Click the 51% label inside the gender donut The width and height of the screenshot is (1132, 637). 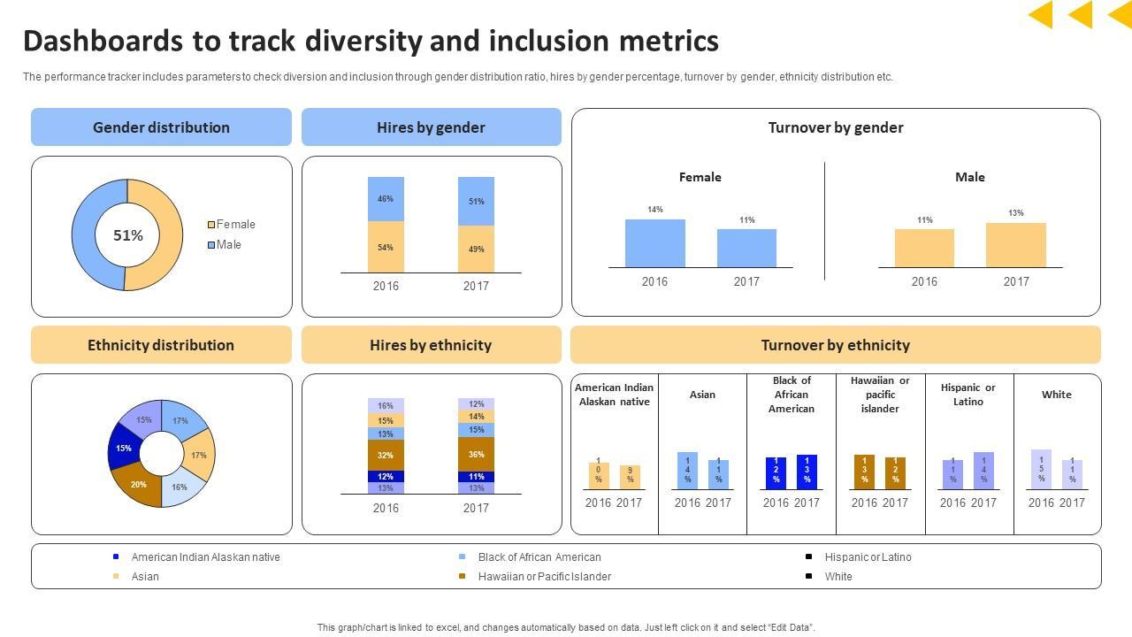pyautogui.click(x=128, y=235)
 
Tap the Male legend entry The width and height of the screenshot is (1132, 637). pyautogui.click(x=227, y=245)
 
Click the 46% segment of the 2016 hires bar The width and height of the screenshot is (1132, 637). pyautogui.click(x=386, y=199)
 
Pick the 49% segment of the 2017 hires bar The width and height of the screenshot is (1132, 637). pyautogui.click(x=476, y=249)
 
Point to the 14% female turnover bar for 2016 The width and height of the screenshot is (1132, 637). pyautogui.click(x=654, y=243)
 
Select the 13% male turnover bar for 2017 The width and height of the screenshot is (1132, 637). pyautogui.click(x=1015, y=245)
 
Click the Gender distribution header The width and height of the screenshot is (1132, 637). pyautogui.click(x=161, y=127)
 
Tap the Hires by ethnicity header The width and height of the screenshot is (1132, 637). pyautogui.click(x=431, y=345)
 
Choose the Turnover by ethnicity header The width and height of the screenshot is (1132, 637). pyautogui.click(x=835, y=345)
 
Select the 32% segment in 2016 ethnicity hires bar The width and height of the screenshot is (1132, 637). pyautogui.click(x=386, y=455)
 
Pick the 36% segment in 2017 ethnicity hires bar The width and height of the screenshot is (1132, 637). pyautogui.click(x=476, y=454)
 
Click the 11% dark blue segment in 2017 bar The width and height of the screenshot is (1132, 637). pyautogui.click(x=476, y=477)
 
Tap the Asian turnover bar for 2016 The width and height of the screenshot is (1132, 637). pyautogui.click(x=687, y=471)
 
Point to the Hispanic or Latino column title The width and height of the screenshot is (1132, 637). pyautogui.click(x=968, y=395)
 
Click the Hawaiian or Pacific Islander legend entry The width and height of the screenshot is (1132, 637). pyautogui.click(x=544, y=577)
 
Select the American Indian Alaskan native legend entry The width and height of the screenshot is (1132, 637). pyautogui.click(x=205, y=557)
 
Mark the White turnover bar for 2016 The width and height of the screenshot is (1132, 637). pyautogui.click(x=1041, y=469)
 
